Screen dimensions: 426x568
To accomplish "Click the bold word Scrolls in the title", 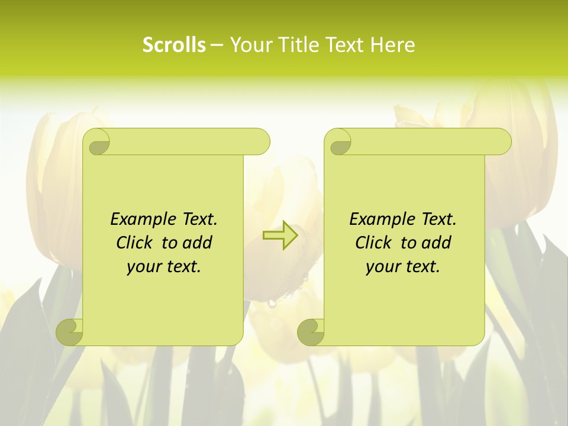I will click(174, 45).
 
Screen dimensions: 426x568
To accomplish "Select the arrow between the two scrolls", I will click(280, 235).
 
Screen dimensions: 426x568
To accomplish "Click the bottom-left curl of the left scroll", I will click(69, 331).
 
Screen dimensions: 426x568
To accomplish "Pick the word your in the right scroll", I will click(381, 267).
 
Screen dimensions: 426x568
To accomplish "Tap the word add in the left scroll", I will click(198, 243).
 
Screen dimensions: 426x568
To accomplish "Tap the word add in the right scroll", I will click(437, 243).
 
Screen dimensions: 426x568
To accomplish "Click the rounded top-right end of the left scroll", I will click(260, 142).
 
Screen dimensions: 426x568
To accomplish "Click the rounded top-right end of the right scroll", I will click(502, 142).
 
